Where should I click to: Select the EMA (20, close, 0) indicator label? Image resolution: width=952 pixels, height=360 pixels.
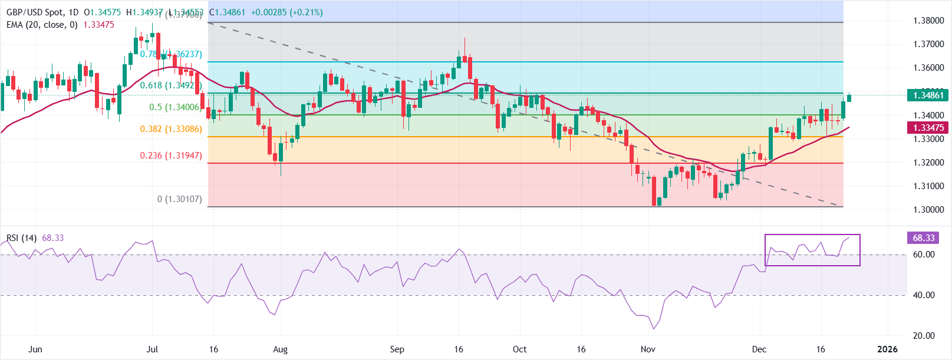42,25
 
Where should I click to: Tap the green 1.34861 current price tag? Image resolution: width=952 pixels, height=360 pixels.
928,95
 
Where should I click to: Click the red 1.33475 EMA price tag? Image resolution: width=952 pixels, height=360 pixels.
928,128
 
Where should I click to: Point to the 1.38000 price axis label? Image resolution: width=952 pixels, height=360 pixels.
928,21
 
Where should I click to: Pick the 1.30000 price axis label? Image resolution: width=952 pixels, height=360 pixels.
928,210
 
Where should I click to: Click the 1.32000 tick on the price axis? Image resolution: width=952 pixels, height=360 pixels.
928,163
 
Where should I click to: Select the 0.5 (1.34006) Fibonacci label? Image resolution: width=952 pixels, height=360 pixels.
174,107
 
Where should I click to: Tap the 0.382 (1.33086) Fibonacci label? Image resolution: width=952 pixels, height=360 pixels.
170,129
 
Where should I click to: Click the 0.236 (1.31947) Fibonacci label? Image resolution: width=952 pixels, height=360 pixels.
170,156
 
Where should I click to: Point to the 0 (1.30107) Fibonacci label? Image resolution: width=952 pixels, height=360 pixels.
179,199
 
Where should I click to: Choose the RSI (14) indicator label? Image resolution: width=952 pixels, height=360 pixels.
21,238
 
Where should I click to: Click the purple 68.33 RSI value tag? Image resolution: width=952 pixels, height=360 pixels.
924,238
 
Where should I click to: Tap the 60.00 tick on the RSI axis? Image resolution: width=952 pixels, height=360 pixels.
924,255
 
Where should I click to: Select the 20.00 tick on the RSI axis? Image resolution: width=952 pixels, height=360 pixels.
924,336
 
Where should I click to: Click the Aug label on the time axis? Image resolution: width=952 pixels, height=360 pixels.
281,349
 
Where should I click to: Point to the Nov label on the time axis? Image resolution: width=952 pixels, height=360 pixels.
648,349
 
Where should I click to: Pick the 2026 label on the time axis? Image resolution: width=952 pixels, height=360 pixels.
887,349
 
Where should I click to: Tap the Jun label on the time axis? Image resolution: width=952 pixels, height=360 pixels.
35,349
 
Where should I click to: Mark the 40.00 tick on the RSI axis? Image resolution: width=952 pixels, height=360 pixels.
924,295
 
